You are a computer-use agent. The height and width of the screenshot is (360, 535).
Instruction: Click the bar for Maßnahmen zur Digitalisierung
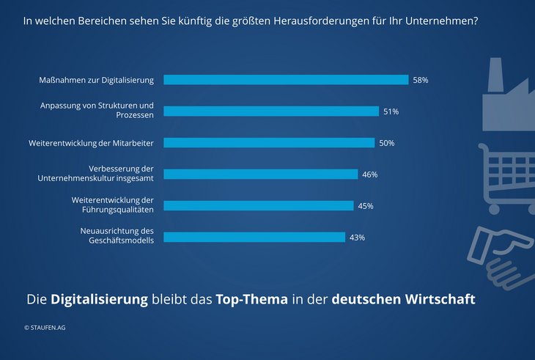coord(286,80)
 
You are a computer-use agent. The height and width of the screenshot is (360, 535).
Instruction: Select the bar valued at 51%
coord(271,111)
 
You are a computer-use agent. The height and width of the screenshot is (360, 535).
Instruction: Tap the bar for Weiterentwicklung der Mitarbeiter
coord(269,143)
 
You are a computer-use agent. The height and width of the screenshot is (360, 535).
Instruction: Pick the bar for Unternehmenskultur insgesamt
coord(260,175)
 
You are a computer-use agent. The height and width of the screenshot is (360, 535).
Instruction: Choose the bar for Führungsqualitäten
coord(259,206)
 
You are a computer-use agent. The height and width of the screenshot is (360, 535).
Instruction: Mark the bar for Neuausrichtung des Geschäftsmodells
coord(254,238)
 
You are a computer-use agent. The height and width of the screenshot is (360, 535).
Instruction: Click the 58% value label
coord(421,80)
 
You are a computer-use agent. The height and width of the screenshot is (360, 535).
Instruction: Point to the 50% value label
coord(387,143)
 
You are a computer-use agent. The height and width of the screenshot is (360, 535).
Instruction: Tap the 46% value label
coord(370,175)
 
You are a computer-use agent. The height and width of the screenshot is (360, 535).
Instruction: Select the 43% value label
coord(357,238)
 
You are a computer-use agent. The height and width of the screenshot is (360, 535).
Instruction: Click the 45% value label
coord(366,206)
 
